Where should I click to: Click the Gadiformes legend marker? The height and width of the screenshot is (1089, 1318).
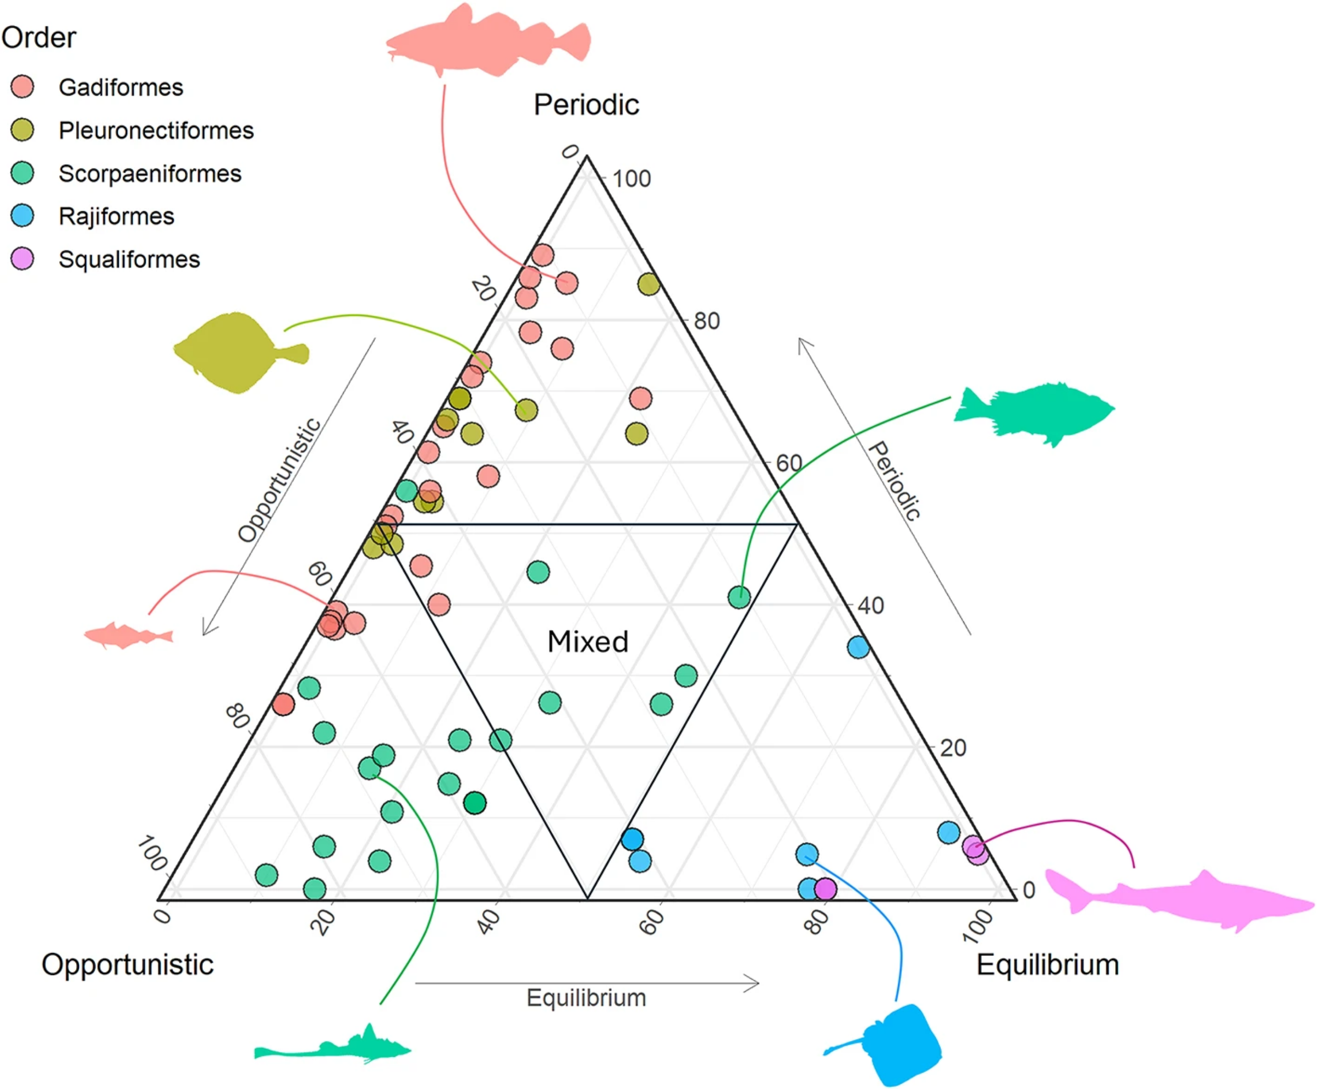pos(23,87)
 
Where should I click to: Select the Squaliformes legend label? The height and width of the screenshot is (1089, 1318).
pos(129,259)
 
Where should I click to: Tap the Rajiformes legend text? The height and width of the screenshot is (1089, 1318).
pos(116,216)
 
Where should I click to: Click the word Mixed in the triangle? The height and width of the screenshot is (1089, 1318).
pos(587,641)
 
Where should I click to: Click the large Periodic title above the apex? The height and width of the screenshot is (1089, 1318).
pos(586,104)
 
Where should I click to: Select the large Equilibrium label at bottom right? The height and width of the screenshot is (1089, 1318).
pos(1048,964)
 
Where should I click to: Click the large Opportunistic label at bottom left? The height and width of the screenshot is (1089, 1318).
pos(127,964)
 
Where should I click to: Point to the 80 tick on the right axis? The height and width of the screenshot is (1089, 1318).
pos(707,321)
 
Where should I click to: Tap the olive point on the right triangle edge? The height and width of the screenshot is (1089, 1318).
pos(648,284)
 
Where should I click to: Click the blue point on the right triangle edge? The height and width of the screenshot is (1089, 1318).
pos(858,647)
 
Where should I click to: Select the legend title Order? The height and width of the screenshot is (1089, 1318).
pos(39,37)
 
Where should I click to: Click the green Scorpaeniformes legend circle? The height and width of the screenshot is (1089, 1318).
pos(23,173)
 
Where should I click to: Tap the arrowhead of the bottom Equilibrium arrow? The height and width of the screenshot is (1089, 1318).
pos(755,983)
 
